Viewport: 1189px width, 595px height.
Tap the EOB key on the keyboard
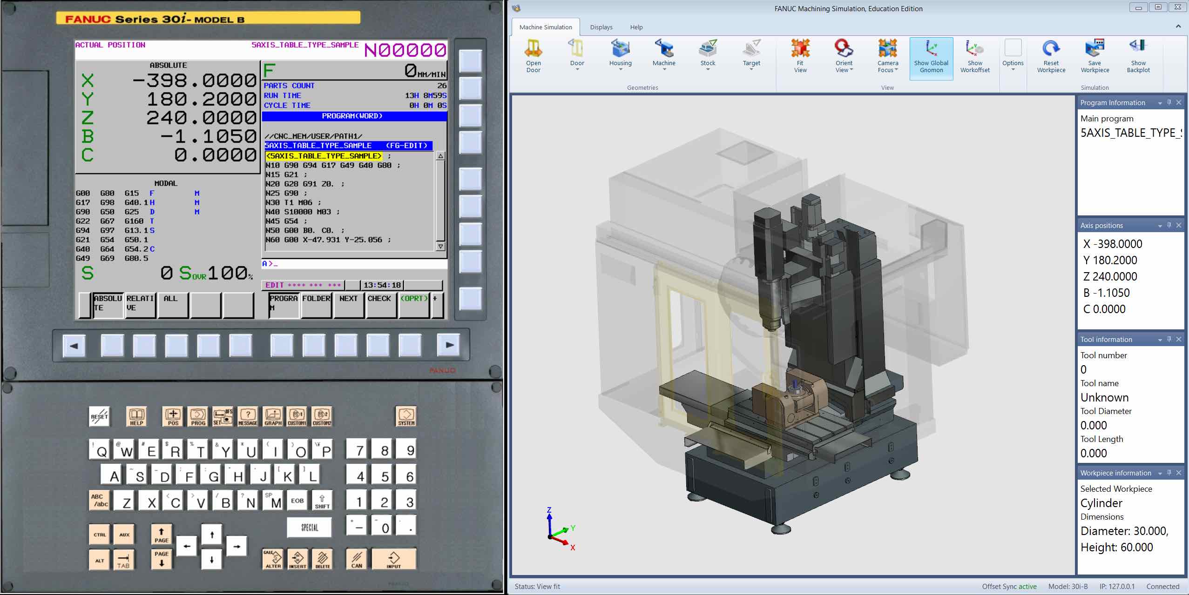[297, 501]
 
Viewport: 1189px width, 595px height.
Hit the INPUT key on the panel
[393, 559]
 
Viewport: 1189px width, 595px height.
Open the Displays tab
[601, 27]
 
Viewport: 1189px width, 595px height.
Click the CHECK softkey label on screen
[379, 299]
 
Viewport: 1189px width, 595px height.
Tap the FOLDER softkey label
[316, 299]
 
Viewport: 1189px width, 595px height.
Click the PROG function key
[198, 416]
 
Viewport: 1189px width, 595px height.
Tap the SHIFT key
[322, 501]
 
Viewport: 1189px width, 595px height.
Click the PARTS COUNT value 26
[442, 86]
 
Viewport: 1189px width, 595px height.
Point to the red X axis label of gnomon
[573, 548]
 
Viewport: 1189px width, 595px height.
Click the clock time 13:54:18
[382, 285]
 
